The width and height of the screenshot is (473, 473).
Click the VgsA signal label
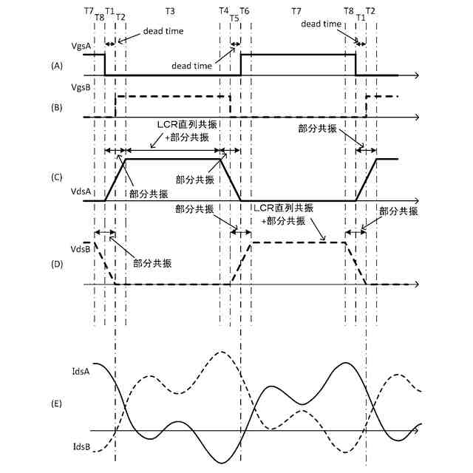(x=81, y=46)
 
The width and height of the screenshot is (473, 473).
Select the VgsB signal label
(x=81, y=88)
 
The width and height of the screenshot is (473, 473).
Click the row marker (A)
(x=57, y=66)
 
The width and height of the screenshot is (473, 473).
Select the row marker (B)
(x=57, y=107)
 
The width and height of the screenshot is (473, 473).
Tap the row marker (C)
(x=57, y=177)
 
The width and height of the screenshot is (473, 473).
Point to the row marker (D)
(x=57, y=261)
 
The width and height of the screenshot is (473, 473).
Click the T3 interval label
(x=170, y=12)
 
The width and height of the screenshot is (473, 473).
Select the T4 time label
(x=224, y=12)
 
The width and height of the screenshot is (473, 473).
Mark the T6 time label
(x=245, y=12)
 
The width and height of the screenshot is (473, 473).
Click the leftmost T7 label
(x=89, y=12)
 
